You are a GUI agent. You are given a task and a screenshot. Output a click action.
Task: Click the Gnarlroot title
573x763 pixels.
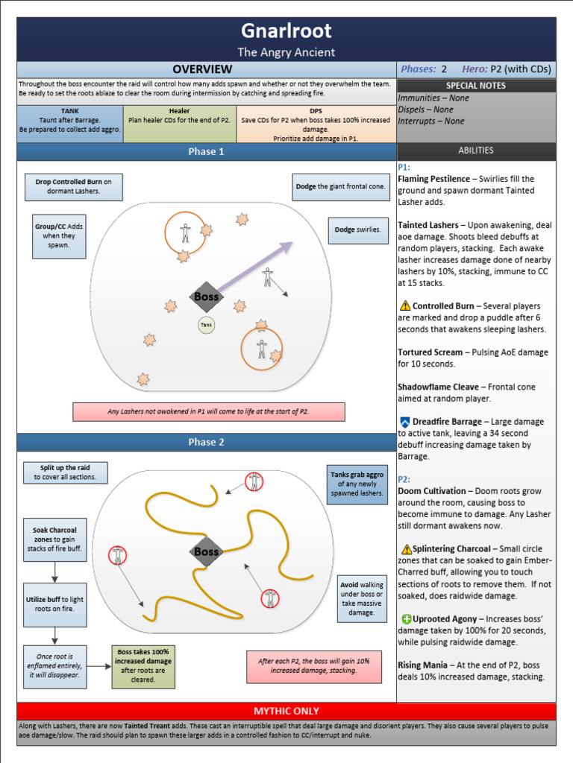[286, 31]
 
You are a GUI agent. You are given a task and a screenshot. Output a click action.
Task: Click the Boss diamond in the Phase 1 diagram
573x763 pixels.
[206, 297]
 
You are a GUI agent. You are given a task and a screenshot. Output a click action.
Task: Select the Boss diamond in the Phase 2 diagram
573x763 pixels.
[206, 552]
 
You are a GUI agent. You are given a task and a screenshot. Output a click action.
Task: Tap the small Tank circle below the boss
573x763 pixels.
[206, 325]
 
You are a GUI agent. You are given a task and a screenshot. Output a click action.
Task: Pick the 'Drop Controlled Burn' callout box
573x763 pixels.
[73, 187]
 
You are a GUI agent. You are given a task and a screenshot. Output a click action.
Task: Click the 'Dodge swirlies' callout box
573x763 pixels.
[357, 230]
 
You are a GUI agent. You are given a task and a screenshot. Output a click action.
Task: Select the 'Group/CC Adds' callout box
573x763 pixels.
[58, 235]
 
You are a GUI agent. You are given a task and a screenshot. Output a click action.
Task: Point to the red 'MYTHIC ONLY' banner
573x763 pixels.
[286, 711]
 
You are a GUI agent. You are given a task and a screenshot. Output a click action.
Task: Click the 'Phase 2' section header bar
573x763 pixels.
[206, 442]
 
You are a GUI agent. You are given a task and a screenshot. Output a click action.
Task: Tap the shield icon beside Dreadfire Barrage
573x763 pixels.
[404, 422]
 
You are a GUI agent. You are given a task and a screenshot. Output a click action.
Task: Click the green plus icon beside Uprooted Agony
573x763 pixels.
[406, 618]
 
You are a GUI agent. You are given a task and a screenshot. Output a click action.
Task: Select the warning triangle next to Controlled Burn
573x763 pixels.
[405, 305]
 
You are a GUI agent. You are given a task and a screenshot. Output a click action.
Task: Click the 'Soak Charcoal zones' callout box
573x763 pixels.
[54, 540]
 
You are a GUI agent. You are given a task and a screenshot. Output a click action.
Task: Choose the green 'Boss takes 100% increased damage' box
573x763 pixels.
[144, 666]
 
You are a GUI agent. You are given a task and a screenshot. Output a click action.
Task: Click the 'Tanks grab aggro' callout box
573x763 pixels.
[357, 484]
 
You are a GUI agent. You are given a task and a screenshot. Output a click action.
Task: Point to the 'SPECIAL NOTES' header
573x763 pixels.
[475, 86]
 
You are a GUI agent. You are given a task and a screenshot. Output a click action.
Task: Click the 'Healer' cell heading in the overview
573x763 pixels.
[180, 111]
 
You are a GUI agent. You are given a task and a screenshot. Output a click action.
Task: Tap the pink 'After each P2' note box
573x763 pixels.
[313, 666]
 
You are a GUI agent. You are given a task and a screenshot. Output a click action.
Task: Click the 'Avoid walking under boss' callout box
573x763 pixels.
[362, 597]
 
